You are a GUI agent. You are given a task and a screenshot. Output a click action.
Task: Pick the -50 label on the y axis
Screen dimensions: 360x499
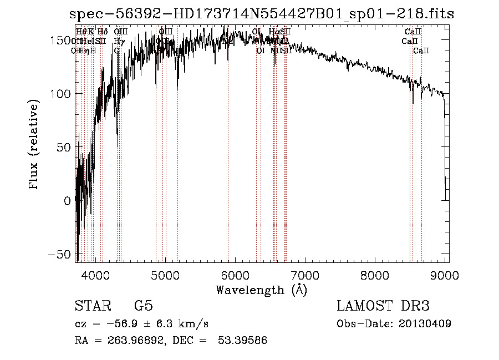coord(59,254)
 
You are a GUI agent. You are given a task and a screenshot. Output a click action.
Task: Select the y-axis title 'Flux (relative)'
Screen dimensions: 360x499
coord(34,145)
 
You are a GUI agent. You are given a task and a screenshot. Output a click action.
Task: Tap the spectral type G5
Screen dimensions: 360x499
coord(143,306)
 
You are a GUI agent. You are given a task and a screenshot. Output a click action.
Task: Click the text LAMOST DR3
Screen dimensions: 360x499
coord(383,306)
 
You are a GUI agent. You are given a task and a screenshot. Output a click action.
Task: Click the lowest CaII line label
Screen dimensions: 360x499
coord(421,50)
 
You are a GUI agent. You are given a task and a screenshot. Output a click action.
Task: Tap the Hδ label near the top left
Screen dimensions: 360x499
coord(102,32)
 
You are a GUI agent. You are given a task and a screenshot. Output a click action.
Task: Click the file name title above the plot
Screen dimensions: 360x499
coord(262,14)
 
